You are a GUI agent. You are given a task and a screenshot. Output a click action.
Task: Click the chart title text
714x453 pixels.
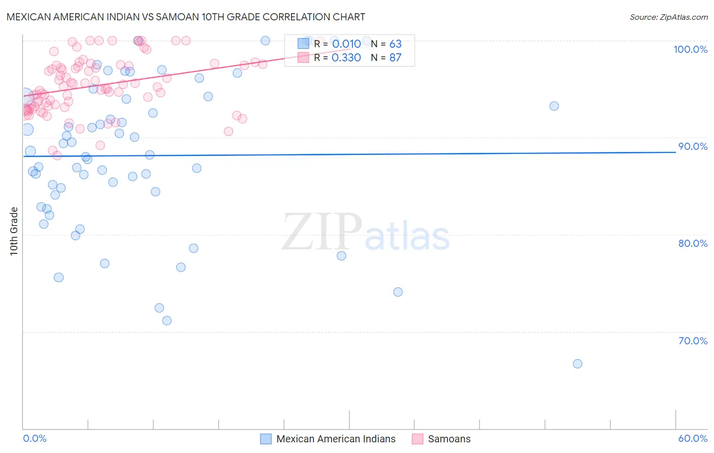(186, 17)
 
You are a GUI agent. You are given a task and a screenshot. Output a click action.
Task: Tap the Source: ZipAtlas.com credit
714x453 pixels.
(668, 17)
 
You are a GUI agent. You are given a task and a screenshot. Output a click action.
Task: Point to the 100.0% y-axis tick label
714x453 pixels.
(690, 49)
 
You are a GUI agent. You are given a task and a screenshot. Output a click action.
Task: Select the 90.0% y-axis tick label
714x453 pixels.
(693, 146)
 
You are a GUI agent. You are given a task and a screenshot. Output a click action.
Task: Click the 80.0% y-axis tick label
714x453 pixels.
(693, 243)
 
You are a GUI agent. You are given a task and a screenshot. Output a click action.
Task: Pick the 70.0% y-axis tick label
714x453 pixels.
(693, 341)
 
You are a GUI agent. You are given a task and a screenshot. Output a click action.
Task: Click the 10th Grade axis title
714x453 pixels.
(14, 231)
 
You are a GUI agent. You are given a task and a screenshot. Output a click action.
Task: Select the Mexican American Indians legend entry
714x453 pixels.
(328, 439)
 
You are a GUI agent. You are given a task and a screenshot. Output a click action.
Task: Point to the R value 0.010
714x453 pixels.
(346, 44)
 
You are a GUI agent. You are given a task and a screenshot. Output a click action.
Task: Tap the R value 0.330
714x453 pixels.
(346, 58)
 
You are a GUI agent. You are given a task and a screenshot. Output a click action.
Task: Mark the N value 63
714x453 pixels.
(395, 44)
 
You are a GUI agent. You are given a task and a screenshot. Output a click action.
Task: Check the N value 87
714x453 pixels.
(395, 58)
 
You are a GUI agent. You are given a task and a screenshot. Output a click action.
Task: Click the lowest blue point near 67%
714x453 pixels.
(577, 364)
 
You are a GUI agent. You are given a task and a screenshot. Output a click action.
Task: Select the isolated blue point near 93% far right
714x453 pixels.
(554, 106)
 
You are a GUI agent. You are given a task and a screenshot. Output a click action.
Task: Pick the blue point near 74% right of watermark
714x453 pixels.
(398, 292)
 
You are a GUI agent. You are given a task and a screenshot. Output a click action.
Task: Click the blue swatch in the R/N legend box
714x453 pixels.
(303, 44)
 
